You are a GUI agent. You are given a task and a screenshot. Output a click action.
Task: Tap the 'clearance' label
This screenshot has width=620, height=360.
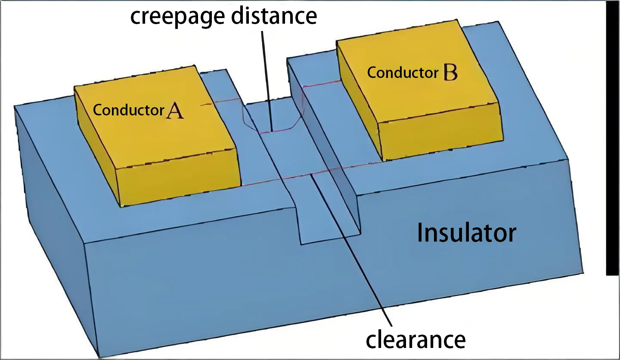[415, 339]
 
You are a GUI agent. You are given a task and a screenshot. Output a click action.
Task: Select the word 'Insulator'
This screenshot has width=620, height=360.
[466, 233]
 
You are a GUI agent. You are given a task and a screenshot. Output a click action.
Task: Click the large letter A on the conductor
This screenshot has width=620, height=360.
[175, 111]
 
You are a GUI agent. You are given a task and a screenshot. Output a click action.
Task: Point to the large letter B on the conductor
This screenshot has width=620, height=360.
[449, 73]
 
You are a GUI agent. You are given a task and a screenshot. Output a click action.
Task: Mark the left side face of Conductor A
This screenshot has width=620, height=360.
[97, 146]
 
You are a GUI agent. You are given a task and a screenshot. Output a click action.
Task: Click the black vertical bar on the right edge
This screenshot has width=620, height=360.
[612, 138]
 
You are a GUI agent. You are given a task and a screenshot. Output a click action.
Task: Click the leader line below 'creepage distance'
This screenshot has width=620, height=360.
[266, 78]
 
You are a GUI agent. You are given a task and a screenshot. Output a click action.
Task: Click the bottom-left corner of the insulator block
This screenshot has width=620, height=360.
[100, 356]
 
